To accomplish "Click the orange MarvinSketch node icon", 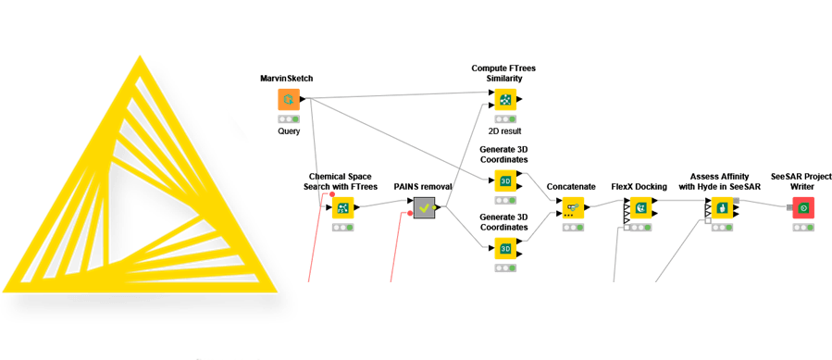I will (289, 100).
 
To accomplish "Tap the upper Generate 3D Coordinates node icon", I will (504, 180).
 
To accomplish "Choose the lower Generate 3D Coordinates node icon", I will (504, 248).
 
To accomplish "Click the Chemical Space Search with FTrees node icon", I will (342, 207).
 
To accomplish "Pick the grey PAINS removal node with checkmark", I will (424, 207).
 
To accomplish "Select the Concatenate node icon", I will (570, 207).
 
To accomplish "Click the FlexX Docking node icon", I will (639, 207).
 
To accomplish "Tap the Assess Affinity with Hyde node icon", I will (722, 207).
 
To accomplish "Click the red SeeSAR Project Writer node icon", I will (803, 207).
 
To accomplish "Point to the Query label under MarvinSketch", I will (289, 131).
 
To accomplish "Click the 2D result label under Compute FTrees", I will (504, 131).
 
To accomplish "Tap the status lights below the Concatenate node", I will (570, 227).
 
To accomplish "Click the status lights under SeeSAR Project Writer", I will (803, 227).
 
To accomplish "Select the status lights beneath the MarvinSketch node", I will (289, 119).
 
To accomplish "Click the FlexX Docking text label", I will (639, 186).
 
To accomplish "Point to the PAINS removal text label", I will (423, 186).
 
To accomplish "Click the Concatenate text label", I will (570, 186).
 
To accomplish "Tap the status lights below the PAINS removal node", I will (424, 228).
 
